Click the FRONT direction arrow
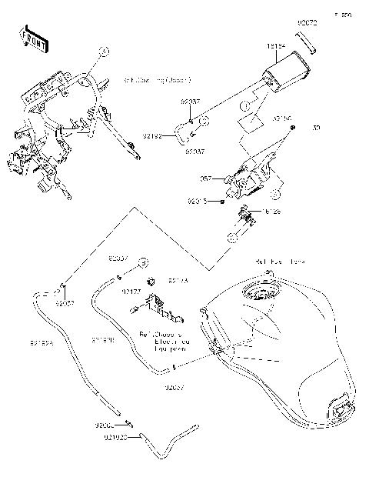coord(30,38)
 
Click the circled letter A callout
coord(105,52)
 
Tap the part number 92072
coord(307,25)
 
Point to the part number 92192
coord(153,135)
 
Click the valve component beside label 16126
coord(246,220)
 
